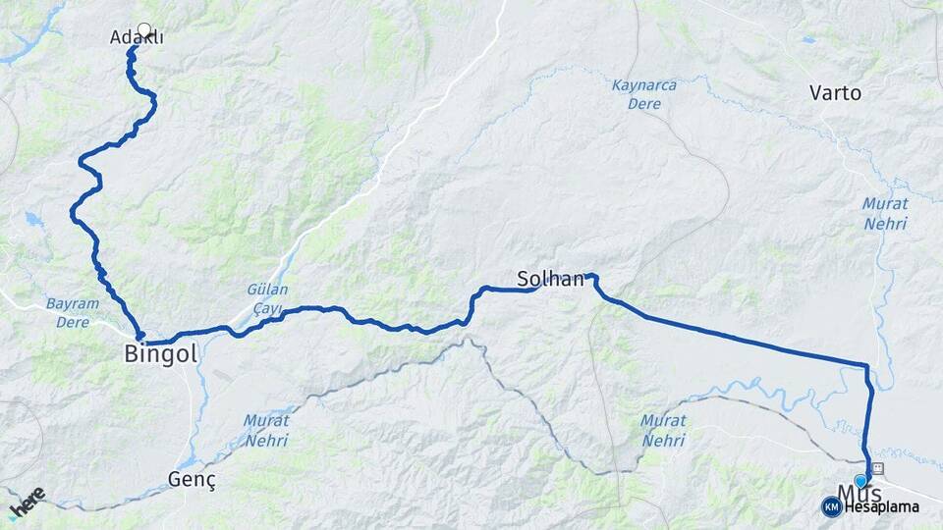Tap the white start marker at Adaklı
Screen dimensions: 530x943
click(x=145, y=30)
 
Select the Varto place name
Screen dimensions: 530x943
click(x=835, y=93)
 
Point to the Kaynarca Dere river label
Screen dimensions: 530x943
click(x=643, y=94)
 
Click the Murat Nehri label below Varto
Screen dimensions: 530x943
click(x=885, y=214)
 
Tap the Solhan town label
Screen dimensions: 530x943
click(x=551, y=279)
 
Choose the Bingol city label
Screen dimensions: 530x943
click(x=161, y=353)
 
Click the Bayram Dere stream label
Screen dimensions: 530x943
click(x=73, y=312)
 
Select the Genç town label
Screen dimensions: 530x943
click(x=192, y=480)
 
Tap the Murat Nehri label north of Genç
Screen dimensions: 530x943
click(x=266, y=430)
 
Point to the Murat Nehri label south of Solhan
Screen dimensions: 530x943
click(x=663, y=430)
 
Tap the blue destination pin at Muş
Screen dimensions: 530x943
click(x=861, y=480)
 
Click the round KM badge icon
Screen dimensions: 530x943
click(x=831, y=506)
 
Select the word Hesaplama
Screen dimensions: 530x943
click(x=881, y=506)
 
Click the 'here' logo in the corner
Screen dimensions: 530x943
click(x=27, y=503)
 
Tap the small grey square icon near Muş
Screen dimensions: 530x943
click(x=877, y=468)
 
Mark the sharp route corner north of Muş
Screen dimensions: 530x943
click(x=866, y=367)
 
